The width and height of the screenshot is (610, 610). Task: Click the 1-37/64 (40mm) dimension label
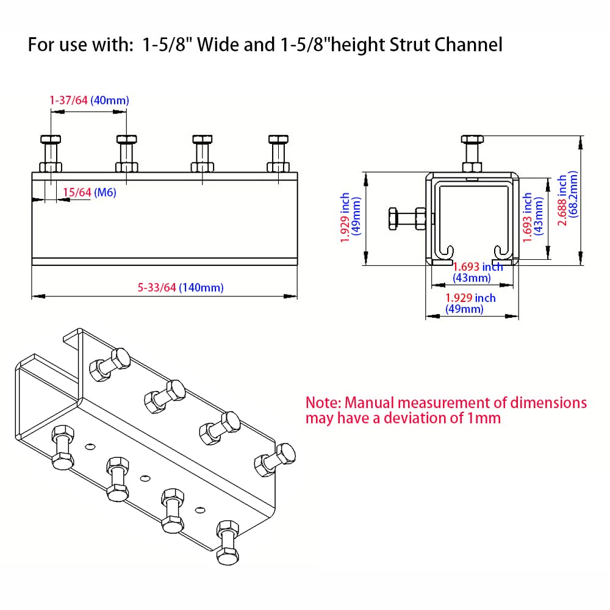[89, 100]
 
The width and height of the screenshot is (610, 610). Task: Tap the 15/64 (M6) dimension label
[90, 193]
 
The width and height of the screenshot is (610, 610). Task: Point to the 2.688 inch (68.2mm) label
[567, 201]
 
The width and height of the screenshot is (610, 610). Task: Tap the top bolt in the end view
[472, 152]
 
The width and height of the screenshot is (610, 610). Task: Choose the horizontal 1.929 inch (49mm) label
[470, 303]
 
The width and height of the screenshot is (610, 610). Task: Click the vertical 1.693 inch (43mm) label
[533, 217]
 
